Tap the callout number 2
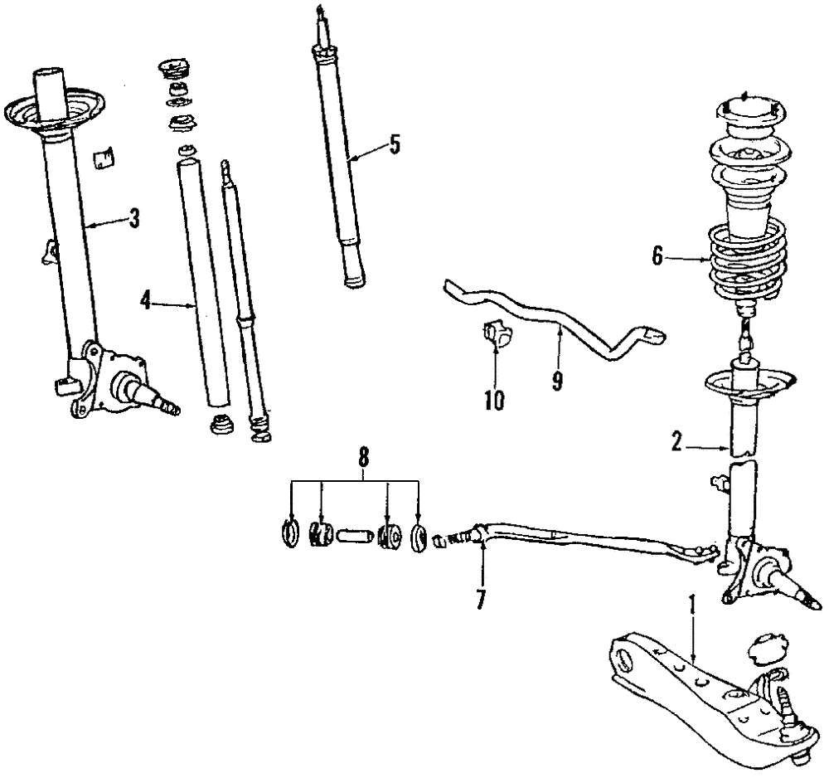point(676,445)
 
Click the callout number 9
point(557,381)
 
